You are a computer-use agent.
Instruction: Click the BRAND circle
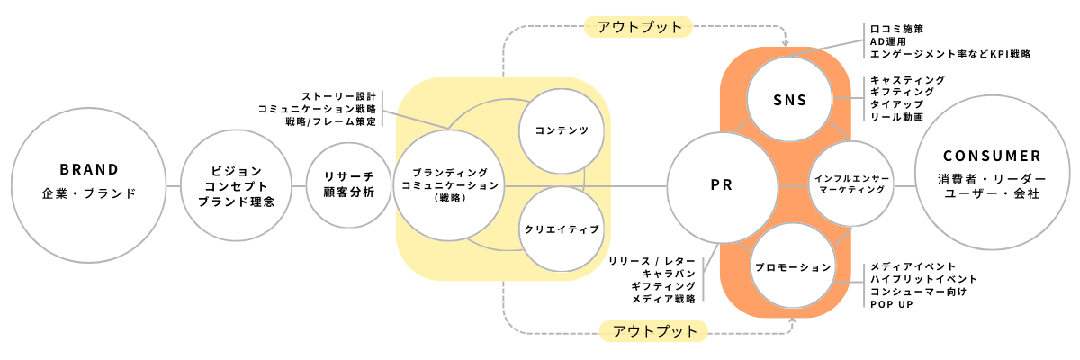(89, 185)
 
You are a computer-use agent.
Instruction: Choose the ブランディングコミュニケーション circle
(447, 184)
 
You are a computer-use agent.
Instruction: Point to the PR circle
(722, 186)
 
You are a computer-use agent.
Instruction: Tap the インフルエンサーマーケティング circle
(850, 184)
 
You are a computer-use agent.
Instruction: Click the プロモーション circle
(792, 268)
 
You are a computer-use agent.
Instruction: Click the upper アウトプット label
(639, 27)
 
